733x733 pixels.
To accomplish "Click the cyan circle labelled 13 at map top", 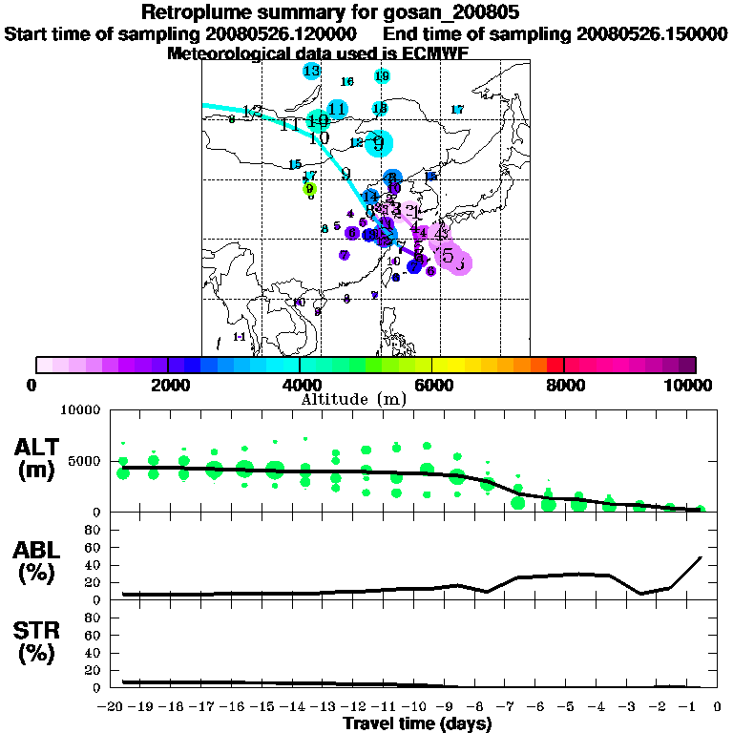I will point(311,71).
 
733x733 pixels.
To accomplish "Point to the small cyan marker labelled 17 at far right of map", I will point(457,110).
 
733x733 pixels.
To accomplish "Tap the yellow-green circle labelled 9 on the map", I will point(309,189).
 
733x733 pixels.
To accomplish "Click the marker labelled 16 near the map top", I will point(347,82).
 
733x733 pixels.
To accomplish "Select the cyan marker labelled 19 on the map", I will point(382,76).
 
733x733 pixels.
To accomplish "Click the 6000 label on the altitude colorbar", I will point(432,385).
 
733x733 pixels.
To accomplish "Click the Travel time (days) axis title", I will point(417,724).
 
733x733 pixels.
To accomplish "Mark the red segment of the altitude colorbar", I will point(555,365).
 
